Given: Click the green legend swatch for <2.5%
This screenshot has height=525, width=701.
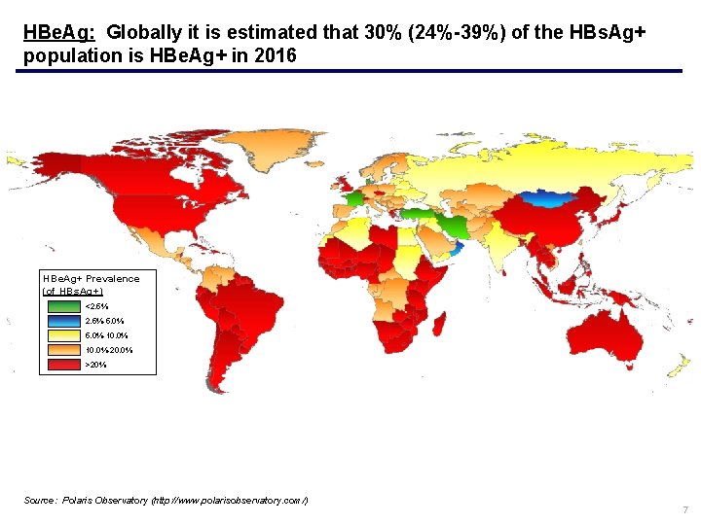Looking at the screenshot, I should tap(63, 306).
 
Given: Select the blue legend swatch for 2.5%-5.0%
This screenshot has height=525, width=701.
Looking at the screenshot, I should tap(63, 321).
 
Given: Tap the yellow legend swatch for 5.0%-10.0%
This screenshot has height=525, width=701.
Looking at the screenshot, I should tap(63, 335).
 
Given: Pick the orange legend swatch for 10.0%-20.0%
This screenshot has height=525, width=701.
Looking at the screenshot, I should tap(63, 350).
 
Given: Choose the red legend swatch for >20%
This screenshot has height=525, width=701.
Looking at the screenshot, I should tap(63, 365).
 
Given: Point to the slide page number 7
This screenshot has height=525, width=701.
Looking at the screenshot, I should tap(685, 510).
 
